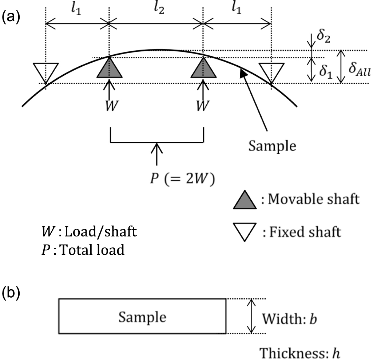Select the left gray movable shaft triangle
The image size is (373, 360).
coord(110,68)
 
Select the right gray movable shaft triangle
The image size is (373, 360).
coord(203,68)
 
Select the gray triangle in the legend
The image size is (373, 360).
coord(246,200)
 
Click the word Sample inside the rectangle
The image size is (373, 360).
coord(142,317)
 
